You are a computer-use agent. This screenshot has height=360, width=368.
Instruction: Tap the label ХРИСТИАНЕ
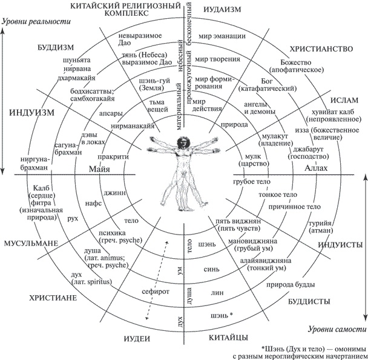tap(53, 298)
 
